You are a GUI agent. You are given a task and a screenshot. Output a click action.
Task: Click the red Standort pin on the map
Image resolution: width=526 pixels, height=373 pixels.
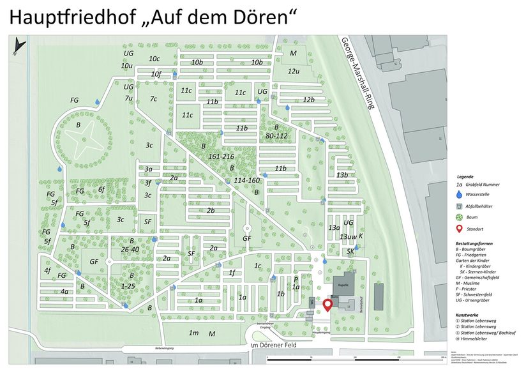[x=328, y=305]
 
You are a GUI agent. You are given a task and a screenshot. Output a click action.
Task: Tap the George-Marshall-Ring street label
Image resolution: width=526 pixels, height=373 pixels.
[x=357, y=74]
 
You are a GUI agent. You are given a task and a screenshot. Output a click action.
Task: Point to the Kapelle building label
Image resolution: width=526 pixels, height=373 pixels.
[x=342, y=285]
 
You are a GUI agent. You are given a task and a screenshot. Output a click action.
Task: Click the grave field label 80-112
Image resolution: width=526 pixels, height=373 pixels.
[x=276, y=135]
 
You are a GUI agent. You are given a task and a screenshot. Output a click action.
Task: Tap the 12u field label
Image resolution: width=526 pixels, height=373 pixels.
[x=293, y=71]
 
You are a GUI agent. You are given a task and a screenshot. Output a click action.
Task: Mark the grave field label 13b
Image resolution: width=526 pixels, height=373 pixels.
[x=342, y=175]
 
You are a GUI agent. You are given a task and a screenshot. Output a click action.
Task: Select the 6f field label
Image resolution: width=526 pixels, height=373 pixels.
[x=101, y=189]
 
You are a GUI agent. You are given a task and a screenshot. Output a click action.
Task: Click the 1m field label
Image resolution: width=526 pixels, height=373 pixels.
[x=193, y=333]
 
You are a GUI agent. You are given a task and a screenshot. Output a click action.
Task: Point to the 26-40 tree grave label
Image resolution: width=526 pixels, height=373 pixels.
[x=130, y=249]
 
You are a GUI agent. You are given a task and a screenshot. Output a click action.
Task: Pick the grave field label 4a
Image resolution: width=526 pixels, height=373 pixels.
[x=64, y=291]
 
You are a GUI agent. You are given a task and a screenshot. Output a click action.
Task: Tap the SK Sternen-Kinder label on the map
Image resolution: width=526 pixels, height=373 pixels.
[x=350, y=252]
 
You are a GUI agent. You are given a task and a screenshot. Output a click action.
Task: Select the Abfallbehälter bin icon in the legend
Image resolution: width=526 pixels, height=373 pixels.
[x=460, y=206]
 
